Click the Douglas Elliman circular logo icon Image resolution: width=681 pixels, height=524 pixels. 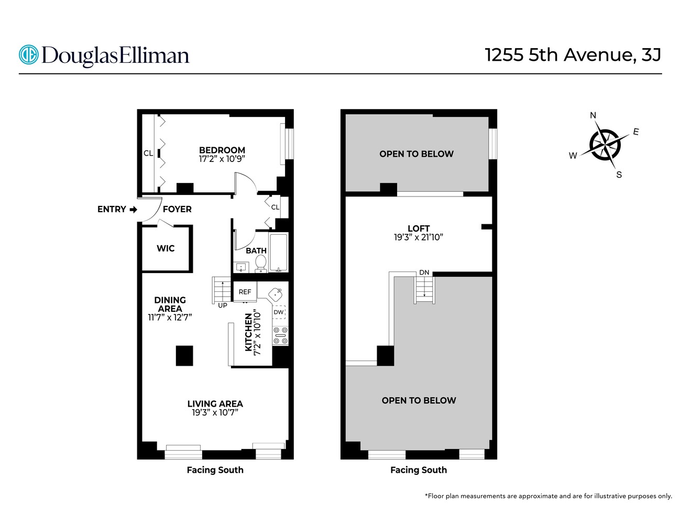[x=28, y=55]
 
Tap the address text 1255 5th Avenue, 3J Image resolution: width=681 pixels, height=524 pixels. [x=573, y=55]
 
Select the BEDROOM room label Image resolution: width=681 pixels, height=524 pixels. [x=222, y=150]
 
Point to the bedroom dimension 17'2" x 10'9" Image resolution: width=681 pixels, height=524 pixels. [x=222, y=159]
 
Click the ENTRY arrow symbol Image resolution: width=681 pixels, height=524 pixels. [x=134, y=210]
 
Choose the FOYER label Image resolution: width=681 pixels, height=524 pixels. [x=177, y=210]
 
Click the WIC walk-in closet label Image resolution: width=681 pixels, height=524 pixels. [x=166, y=248]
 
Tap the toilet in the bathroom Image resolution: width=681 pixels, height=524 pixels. [x=260, y=264]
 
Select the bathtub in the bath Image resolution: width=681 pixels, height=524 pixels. [x=279, y=253]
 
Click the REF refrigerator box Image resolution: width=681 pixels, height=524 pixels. [x=245, y=292]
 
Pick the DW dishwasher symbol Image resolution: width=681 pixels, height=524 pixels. [x=279, y=312]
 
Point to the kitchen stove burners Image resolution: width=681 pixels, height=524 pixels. [x=280, y=335]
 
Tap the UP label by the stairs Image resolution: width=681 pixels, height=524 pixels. [x=223, y=305]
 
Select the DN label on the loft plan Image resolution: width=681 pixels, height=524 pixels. [x=424, y=272]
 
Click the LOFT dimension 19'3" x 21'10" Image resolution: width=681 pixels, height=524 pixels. [x=419, y=237]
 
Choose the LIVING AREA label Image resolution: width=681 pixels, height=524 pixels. [x=215, y=404]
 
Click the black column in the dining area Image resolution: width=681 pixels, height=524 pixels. [x=184, y=356]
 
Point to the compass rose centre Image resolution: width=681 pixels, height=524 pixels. [x=605, y=145]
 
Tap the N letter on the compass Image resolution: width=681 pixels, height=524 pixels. [x=593, y=115]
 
